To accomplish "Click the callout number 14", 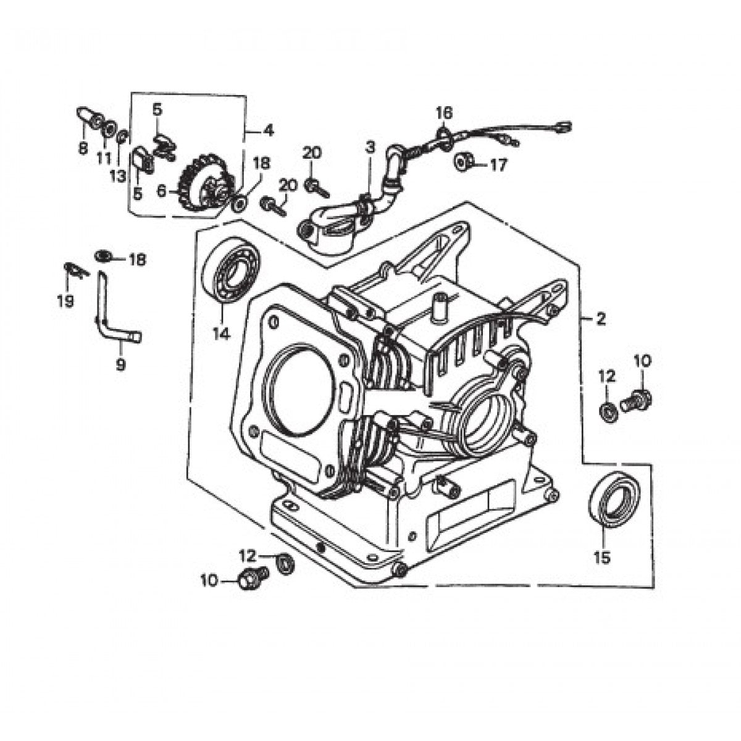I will coord(221,334).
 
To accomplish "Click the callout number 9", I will coord(120,365).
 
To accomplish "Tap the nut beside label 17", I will coord(464,162).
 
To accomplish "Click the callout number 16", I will coord(444,113).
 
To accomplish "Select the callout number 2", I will coord(600,319).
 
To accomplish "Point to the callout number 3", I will coord(370,147).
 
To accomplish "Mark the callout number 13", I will coord(117,176).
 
